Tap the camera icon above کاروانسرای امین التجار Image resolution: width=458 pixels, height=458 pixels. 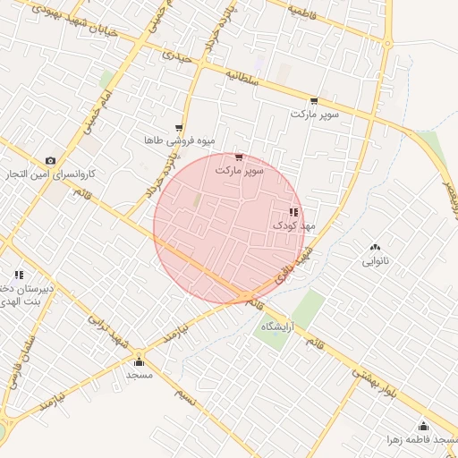(x=50, y=161)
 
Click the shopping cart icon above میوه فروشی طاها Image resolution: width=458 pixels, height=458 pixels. (x=179, y=128)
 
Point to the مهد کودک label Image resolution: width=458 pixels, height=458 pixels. (x=295, y=226)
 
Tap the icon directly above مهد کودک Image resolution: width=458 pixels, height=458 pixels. (x=293, y=212)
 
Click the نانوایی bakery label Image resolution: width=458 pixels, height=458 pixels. (x=376, y=261)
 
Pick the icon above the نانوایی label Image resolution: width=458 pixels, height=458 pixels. (x=374, y=247)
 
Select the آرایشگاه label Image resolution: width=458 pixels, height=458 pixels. (x=278, y=327)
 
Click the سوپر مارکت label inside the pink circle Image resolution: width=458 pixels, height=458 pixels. (x=240, y=169)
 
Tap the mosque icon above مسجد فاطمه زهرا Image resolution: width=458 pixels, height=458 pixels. (x=423, y=426)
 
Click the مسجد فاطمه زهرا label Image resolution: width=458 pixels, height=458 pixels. (x=421, y=440)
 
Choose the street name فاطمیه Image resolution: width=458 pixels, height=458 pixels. (x=305, y=13)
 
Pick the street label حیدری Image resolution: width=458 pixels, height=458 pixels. (x=176, y=55)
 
